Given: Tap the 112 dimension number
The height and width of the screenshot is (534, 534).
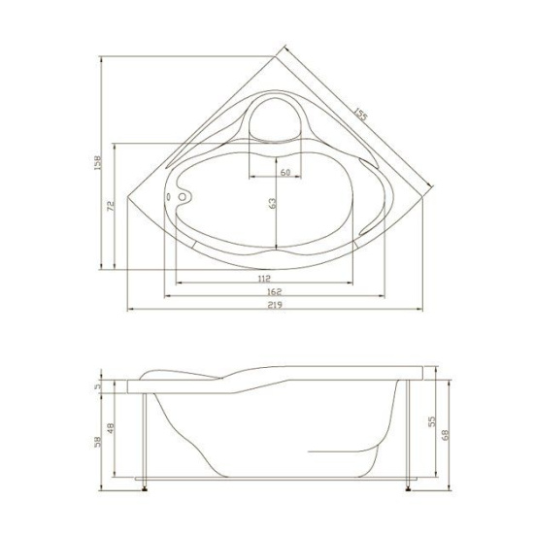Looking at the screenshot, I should [265, 279].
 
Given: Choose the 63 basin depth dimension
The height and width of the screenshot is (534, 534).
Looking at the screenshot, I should [273, 204].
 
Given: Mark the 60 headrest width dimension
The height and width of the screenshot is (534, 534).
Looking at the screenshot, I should [284, 172].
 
